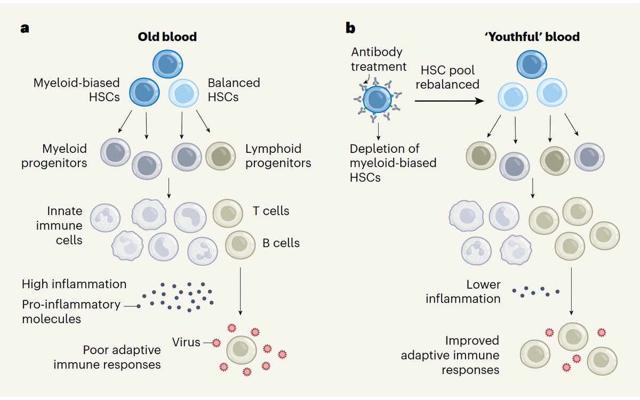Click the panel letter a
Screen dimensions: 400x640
[25, 29]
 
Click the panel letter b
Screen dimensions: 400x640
[350, 29]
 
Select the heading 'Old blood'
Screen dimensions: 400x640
[168, 37]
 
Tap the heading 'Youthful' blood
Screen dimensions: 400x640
[533, 37]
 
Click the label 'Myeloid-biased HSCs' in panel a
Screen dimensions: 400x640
[77, 90]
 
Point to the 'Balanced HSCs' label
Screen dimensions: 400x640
[234, 90]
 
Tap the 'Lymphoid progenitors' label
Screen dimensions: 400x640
[278, 156]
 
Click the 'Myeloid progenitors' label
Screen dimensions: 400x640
[54, 156]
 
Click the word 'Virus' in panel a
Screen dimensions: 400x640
[186, 342]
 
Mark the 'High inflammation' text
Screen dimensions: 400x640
[74, 284]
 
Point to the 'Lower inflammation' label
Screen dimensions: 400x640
[463, 292]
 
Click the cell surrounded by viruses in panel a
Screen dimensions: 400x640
[242, 350]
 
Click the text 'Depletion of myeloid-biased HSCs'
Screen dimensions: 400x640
[393, 163]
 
